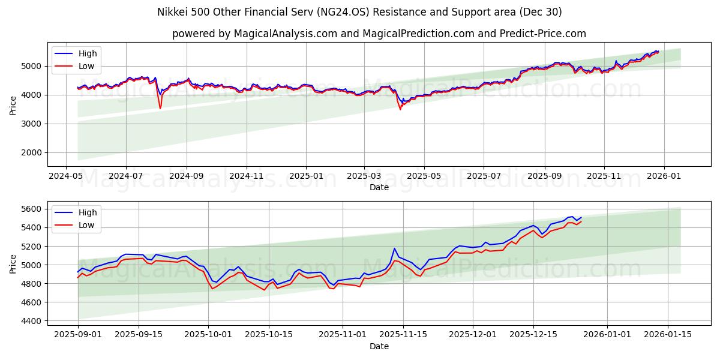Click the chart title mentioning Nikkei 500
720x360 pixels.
click(359, 12)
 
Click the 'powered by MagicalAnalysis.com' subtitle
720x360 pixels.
click(379, 34)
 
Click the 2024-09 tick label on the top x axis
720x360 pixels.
click(186, 176)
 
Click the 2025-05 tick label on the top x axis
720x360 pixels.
click(424, 176)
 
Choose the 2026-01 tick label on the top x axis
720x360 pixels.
click(664, 176)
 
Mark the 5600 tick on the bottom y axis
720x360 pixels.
click(33, 209)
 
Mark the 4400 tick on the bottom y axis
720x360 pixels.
click(33, 321)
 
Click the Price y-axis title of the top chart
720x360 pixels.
click(13, 104)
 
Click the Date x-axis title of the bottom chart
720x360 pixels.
click(379, 346)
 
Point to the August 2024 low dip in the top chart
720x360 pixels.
click(160, 108)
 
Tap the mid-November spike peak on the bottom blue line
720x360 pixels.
click(394, 248)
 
